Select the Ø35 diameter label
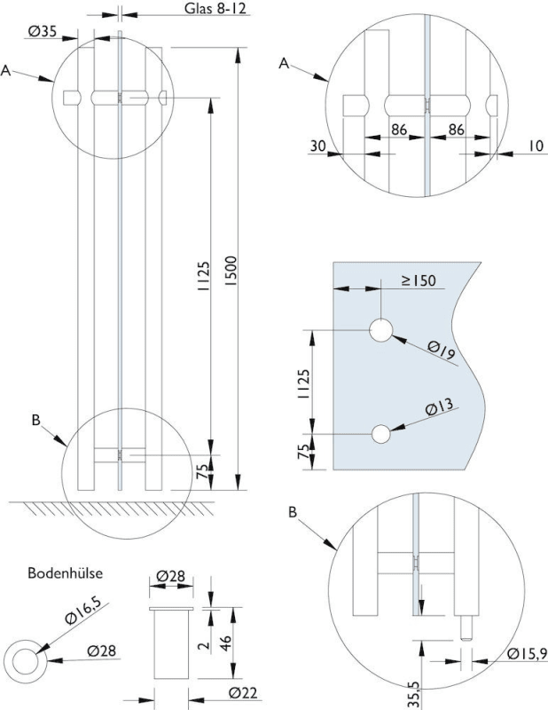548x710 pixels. (x=42, y=32)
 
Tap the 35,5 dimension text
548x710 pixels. (x=414, y=691)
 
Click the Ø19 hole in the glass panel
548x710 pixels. (x=381, y=330)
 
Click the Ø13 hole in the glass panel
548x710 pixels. (x=381, y=435)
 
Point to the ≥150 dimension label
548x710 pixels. (x=417, y=280)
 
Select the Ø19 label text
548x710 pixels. (x=441, y=352)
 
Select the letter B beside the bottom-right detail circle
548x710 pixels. (x=294, y=512)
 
